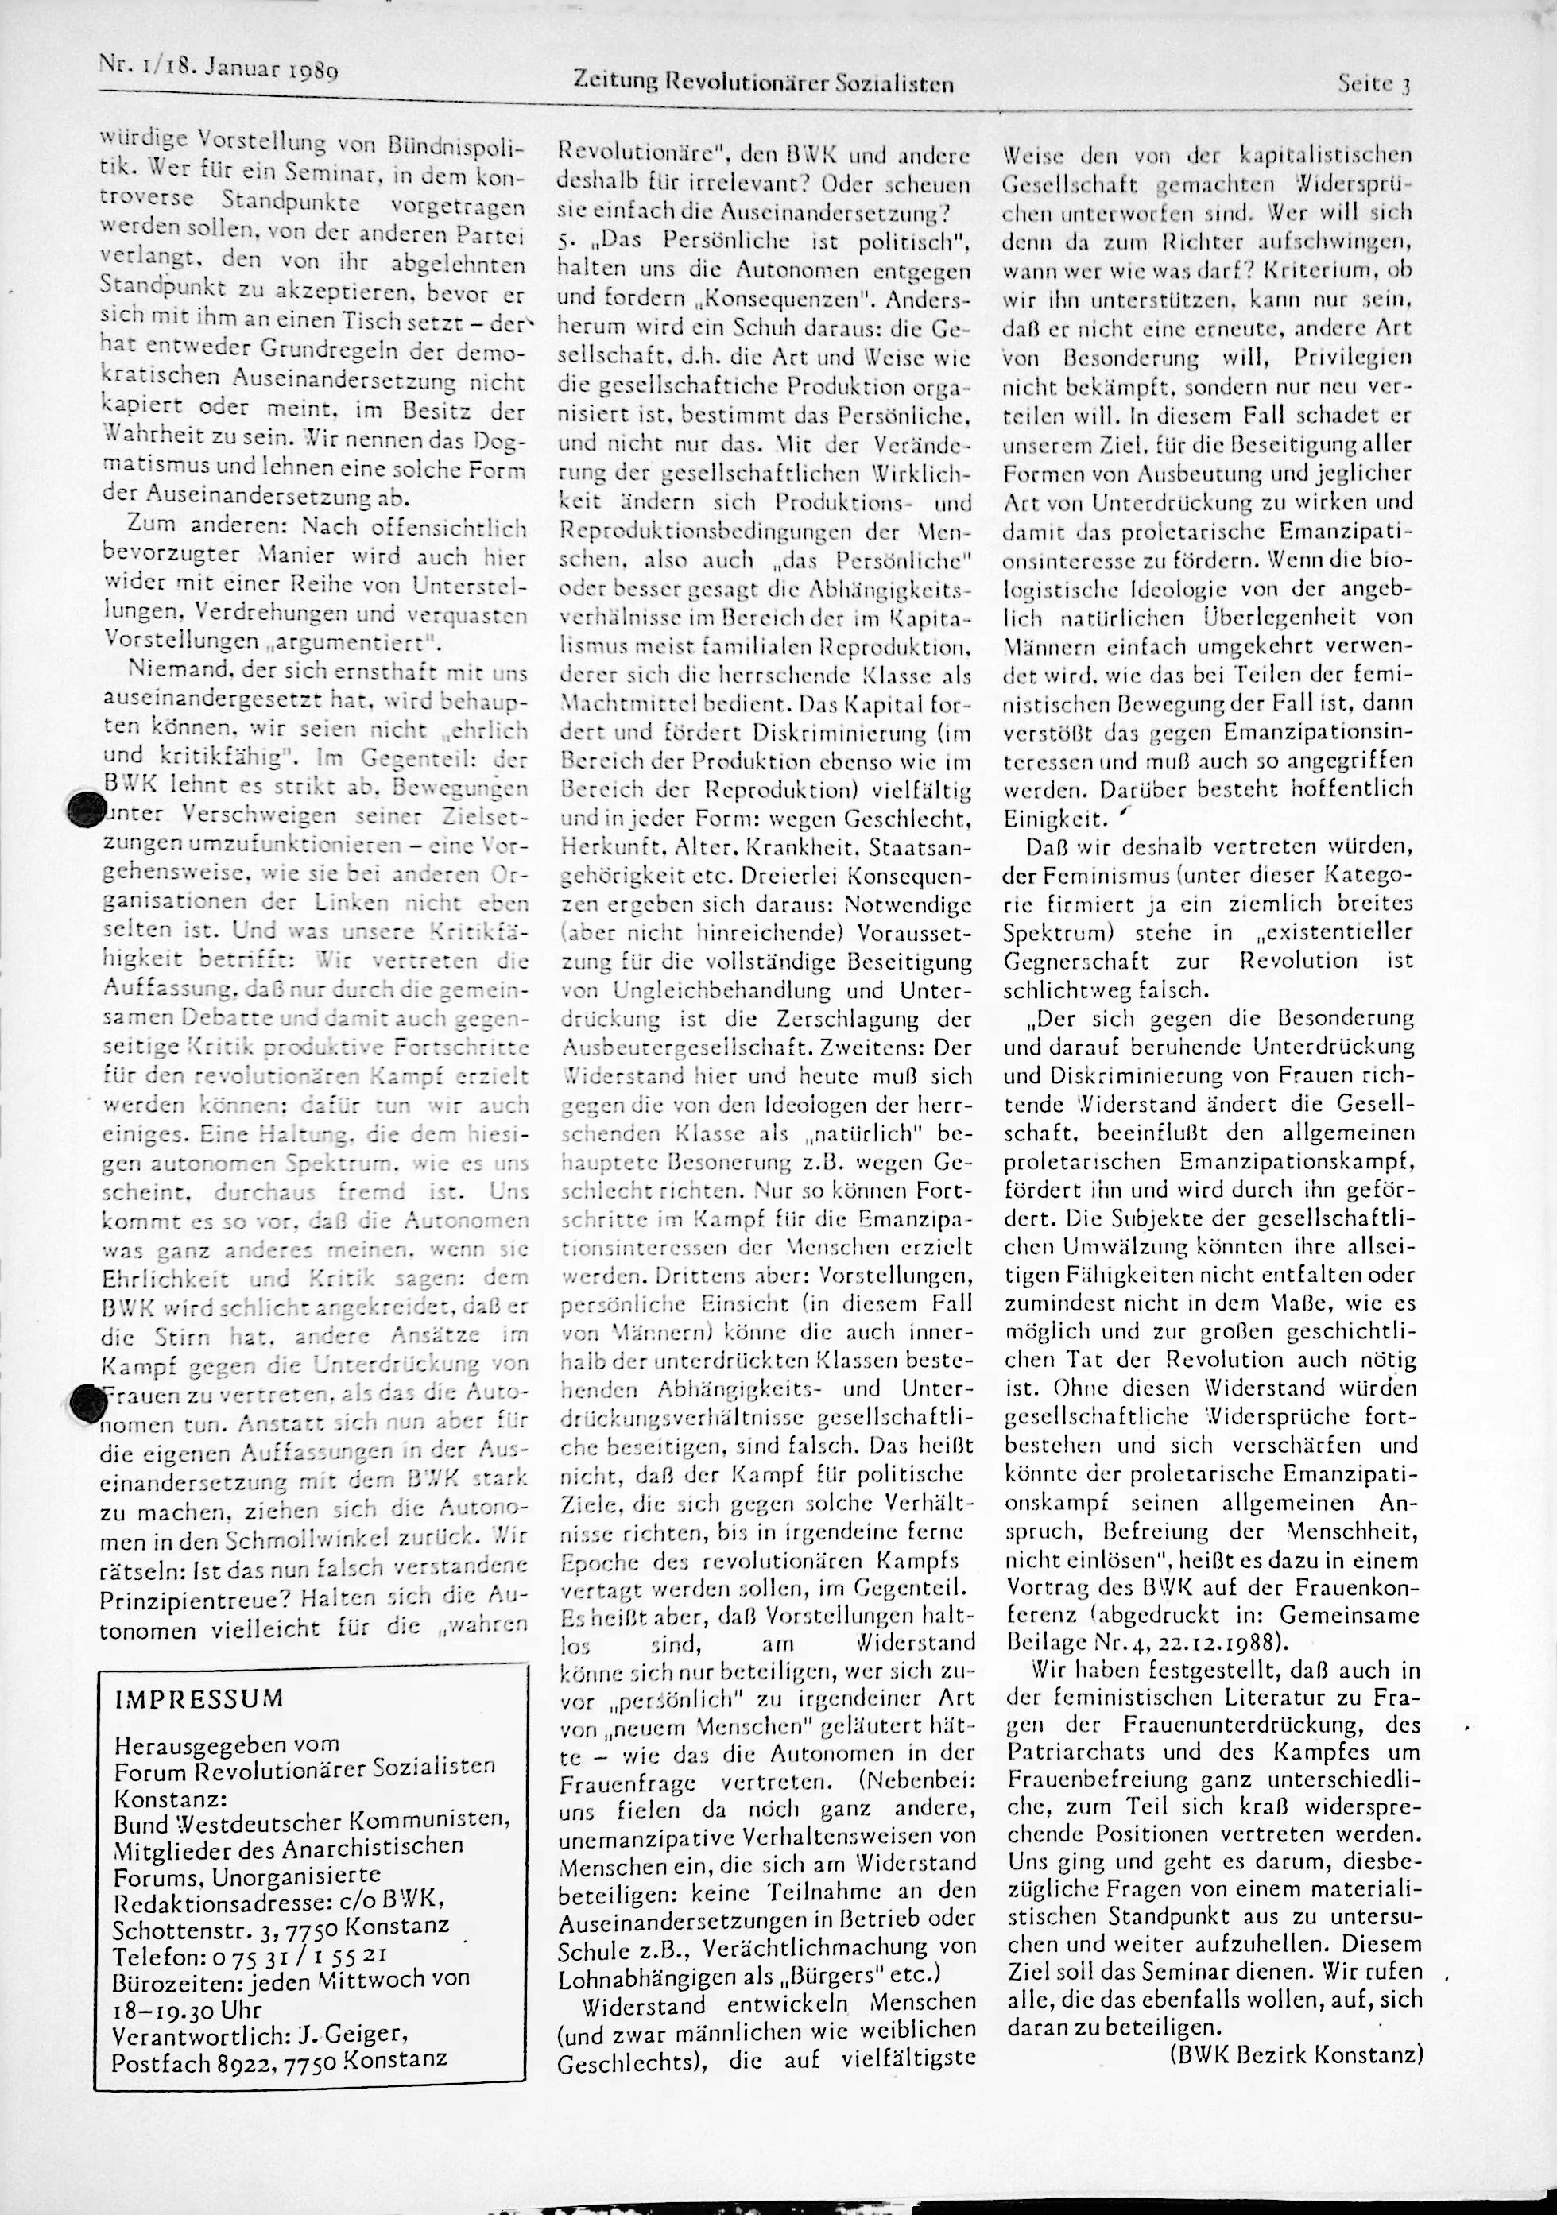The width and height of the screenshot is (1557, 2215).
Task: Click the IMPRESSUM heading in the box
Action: coord(199,1699)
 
